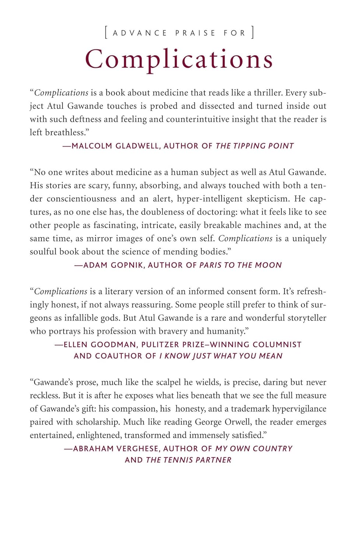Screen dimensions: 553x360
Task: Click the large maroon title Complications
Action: [179, 59]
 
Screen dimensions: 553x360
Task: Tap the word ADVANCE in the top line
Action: [140, 33]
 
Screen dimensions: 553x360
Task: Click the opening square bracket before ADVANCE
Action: [106, 32]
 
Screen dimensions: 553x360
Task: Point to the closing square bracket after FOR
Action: [253, 32]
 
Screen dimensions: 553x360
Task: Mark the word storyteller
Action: [304, 318]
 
